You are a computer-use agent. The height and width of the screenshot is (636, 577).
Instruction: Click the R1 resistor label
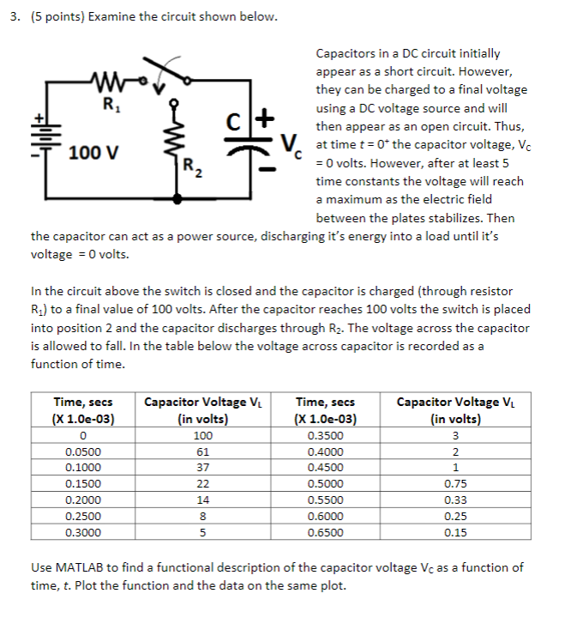click(x=108, y=106)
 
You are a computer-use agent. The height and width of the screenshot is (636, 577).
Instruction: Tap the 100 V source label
click(x=94, y=154)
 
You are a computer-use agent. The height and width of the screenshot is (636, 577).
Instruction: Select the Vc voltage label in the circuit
click(x=292, y=145)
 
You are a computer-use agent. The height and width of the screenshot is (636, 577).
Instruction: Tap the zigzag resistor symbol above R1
click(x=109, y=84)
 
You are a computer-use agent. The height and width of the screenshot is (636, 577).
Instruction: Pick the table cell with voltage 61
click(x=202, y=451)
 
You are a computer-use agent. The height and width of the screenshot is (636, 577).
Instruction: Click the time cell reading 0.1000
click(x=83, y=467)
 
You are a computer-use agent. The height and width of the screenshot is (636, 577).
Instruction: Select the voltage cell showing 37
click(x=202, y=467)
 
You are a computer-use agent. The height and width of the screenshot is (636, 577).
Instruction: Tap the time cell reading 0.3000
click(x=83, y=532)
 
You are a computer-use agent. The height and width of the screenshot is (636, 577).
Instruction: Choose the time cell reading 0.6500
click(x=323, y=532)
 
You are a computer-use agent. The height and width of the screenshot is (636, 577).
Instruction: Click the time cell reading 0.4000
click(x=323, y=451)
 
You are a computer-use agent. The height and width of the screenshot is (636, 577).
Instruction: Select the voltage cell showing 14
click(x=202, y=500)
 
